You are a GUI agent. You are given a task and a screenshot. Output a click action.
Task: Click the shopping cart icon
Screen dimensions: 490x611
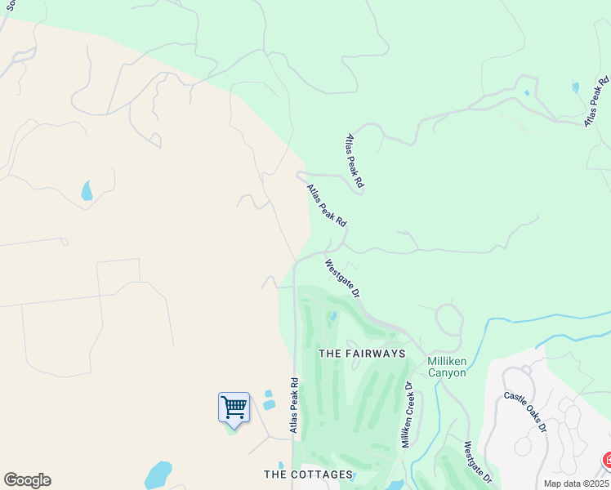point(234,407)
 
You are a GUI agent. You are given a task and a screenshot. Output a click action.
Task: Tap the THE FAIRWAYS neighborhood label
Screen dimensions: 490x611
point(362,354)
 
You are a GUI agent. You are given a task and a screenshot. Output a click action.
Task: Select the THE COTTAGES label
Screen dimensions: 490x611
point(308,474)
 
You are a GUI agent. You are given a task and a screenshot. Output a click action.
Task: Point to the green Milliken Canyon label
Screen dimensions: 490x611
point(447,367)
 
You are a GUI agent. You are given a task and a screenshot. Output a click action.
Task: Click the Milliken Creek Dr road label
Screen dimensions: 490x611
point(407,413)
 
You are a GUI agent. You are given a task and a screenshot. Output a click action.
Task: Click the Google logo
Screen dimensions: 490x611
point(27,480)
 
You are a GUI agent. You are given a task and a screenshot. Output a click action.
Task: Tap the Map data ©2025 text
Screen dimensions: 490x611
point(576,483)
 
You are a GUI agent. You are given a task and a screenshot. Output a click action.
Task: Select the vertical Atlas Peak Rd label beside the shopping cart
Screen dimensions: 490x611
point(294,406)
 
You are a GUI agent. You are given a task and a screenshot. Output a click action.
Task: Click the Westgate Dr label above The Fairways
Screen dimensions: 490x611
point(342,278)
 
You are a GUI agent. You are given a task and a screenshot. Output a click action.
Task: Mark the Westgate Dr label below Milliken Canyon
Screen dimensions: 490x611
point(478,462)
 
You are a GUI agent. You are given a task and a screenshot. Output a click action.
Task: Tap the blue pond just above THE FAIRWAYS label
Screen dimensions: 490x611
point(332,317)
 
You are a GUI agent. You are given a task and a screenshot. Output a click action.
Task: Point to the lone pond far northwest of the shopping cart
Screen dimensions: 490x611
point(87,191)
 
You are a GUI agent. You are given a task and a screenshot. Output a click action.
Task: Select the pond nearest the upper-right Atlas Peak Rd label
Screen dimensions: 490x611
point(576,87)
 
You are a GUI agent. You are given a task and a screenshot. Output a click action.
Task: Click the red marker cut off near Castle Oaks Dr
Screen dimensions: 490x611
point(606,461)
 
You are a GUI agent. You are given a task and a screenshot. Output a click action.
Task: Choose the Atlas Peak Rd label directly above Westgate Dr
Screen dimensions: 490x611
point(327,205)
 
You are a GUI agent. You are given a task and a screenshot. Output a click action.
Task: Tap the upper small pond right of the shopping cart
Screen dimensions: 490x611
point(268,394)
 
